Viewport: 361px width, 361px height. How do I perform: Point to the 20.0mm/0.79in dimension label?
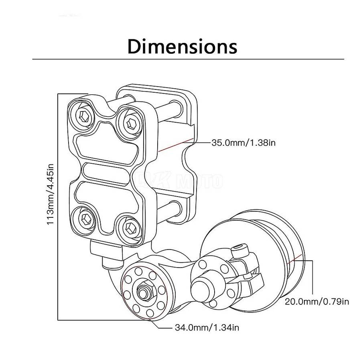316,301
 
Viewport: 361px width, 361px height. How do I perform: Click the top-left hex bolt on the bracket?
84,116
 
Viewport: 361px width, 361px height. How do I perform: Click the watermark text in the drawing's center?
180,180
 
